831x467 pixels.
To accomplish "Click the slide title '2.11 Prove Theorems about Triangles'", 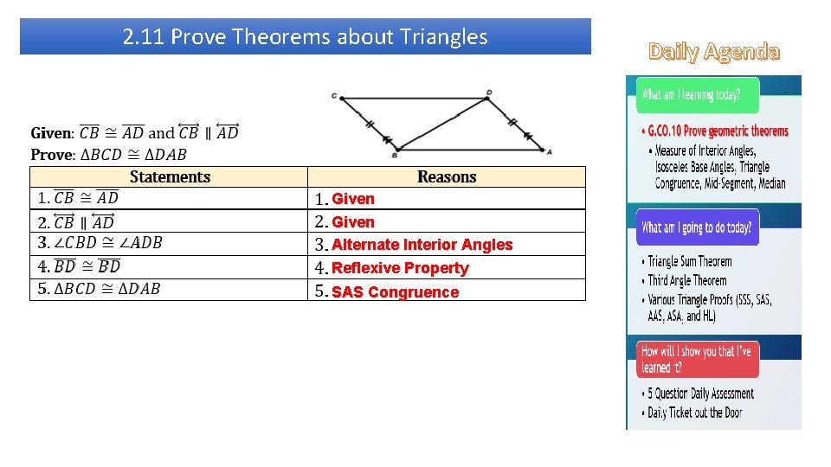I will (x=305, y=37).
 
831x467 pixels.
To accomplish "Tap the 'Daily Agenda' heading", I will (x=714, y=52).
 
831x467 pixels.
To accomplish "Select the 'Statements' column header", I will (x=170, y=177).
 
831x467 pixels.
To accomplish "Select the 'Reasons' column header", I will (x=447, y=177).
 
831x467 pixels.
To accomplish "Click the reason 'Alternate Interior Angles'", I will (x=422, y=245).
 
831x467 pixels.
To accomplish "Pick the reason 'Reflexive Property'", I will (x=400, y=268).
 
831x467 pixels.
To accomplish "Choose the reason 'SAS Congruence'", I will (x=395, y=292).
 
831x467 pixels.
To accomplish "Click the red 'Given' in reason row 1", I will (x=353, y=199).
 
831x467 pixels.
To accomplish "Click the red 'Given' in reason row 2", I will (x=353, y=222).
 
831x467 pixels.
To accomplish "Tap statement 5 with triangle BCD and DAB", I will (x=100, y=289).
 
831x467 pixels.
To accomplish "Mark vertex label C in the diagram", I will (x=334, y=96).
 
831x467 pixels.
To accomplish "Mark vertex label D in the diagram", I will (x=489, y=92).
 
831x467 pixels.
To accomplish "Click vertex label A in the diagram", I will (x=549, y=151).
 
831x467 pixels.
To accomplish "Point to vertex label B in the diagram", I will (x=394, y=156).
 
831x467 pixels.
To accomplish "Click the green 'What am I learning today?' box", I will (x=698, y=95).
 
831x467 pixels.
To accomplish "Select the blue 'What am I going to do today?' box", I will (x=698, y=227).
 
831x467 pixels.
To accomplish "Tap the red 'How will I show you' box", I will (x=698, y=359).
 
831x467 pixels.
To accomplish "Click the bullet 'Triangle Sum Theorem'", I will (x=690, y=261).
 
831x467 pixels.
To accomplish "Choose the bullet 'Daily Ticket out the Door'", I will (x=694, y=413).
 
